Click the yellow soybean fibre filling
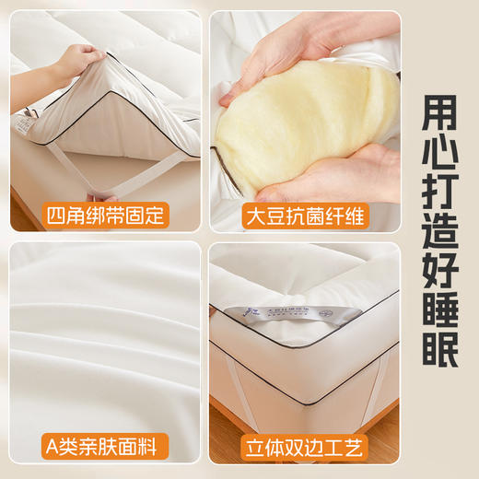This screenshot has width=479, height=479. click(295, 120)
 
